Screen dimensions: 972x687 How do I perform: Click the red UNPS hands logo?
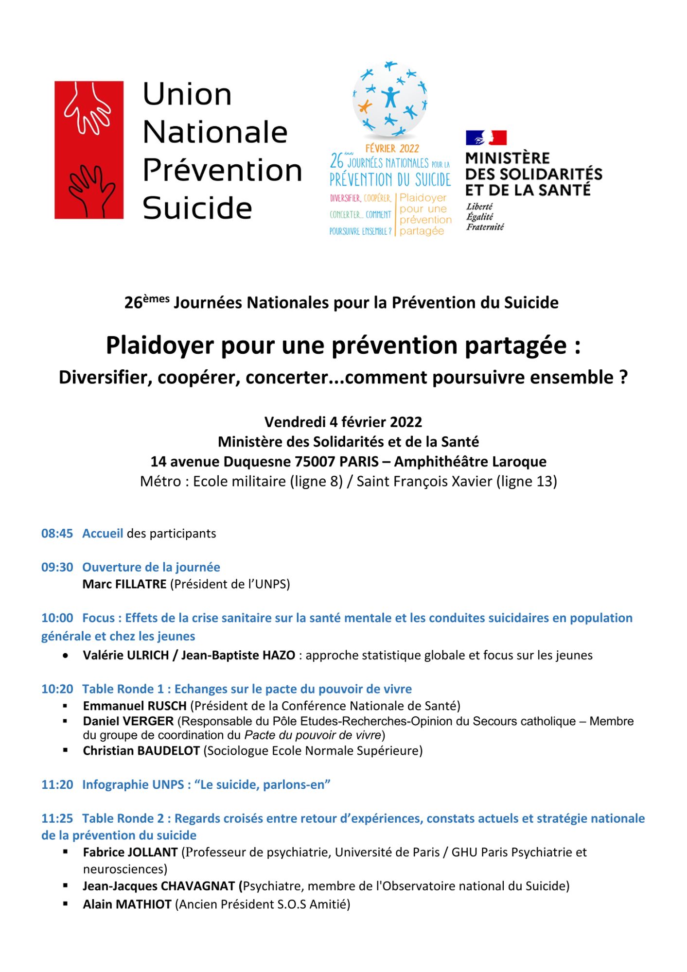[x=88, y=150]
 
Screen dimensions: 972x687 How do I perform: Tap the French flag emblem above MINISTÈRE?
[x=486, y=138]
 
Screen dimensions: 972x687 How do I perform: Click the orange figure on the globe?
[x=364, y=105]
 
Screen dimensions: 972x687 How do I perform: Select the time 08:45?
[x=57, y=533]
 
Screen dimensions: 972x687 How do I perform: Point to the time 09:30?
[x=57, y=567]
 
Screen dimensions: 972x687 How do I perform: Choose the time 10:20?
[x=57, y=689]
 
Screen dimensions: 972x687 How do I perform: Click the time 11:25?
[x=57, y=818]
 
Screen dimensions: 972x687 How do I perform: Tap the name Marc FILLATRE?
[x=124, y=584]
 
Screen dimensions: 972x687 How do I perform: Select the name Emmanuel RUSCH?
[x=135, y=705]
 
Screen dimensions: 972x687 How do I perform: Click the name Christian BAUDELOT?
[x=141, y=750]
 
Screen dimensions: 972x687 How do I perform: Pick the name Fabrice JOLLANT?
[x=130, y=852]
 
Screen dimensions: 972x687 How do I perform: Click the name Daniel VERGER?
[x=128, y=721]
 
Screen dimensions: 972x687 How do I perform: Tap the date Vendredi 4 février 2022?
[x=343, y=421]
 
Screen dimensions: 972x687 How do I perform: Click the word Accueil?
[x=103, y=533]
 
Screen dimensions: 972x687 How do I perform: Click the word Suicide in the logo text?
[x=197, y=208]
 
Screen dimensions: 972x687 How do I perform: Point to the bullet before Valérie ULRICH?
[x=65, y=656]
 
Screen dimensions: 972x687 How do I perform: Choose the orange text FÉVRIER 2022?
[x=392, y=148]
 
